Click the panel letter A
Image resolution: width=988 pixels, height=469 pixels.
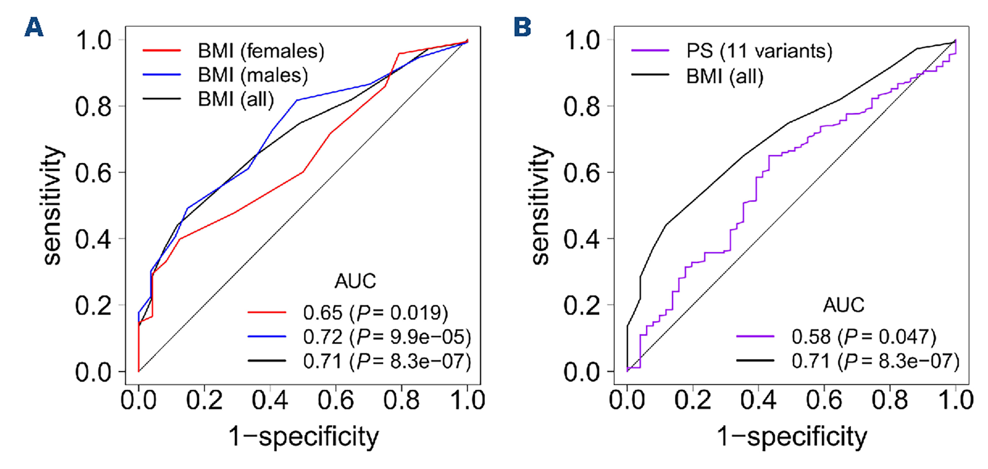click(x=34, y=27)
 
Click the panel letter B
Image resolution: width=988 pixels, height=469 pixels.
click(x=522, y=27)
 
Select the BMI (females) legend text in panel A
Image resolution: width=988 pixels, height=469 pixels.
click(x=261, y=51)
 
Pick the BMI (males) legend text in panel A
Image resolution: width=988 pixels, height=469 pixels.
click(x=253, y=75)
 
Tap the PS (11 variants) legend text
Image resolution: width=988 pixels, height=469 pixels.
click(x=759, y=51)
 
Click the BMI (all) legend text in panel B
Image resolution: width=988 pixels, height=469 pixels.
click(x=724, y=76)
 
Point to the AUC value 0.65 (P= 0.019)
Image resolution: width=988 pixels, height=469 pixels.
click(x=375, y=313)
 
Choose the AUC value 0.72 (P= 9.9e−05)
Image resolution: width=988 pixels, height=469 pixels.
click(x=387, y=337)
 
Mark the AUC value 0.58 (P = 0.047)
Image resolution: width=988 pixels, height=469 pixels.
click(x=864, y=337)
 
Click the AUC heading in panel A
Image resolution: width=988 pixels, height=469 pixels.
click(x=355, y=281)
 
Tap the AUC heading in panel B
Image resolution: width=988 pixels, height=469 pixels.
click(x=843, y=305)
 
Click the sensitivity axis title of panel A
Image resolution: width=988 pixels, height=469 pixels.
click(x=52, y=206)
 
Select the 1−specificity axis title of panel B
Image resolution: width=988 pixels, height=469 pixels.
click(x=792, y=437)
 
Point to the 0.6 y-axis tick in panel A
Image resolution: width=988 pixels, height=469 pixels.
click(x=93, y=173)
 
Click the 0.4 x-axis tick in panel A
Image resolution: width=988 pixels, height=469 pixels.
click(x=269, y=400)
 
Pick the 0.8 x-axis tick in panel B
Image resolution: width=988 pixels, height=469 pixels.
click(x=890, y=400)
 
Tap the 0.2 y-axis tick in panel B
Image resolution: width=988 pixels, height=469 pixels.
click(x=581, y=306)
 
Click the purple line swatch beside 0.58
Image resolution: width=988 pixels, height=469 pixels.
click(x=755, y=337)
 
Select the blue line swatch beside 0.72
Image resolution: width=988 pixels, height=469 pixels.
click(x=267, y=337)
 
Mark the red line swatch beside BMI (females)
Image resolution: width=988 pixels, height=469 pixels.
click(x=161, y=51)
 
